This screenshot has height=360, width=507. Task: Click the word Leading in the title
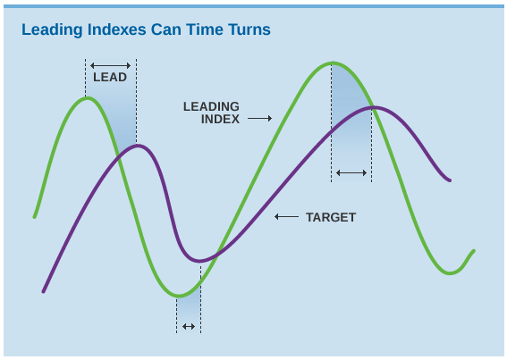tap(52, 30)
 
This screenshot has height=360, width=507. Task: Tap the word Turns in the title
tap(249, 29)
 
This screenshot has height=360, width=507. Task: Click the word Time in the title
tap(205, 29)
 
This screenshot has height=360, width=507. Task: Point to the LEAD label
tap(110, 77)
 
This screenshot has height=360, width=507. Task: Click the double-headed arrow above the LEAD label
tap(110, 65)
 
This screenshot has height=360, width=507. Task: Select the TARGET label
tap(331, 217)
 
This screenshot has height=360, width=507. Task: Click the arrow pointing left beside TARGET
tap(286, 216)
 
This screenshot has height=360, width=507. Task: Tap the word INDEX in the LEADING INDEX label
tap(220, 119)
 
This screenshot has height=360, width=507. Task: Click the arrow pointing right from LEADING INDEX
tap(259, 119)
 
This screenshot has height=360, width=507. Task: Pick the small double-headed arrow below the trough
tap(189, 326)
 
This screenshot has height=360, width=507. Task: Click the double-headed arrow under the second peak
tap(351, 173)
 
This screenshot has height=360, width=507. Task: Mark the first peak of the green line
tap(88, 98)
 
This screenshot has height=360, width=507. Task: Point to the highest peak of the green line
tap(333, 63)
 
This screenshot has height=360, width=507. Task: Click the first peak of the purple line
tap(138, 147)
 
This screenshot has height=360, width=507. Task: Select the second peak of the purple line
tap(376, 107)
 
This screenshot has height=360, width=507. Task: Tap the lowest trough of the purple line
tap(199, 261)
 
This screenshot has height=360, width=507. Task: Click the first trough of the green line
tap(179, 296)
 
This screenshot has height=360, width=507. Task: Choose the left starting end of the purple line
tap(43, 291)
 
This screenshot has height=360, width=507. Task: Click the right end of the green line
tap(474, 251)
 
